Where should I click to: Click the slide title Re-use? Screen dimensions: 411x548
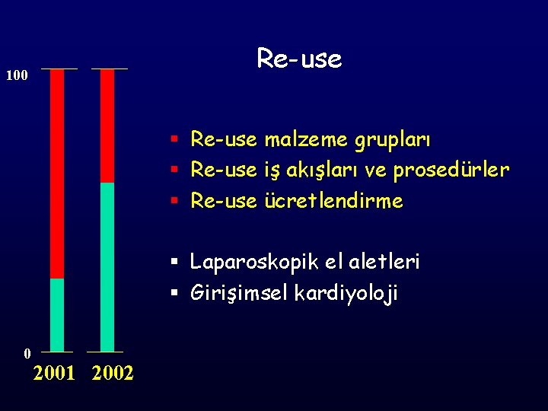299,59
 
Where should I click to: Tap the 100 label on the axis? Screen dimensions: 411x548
17,75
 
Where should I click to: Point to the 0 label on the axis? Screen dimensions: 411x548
27,353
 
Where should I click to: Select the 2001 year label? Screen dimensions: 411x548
54,374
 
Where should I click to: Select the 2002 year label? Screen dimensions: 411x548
112,374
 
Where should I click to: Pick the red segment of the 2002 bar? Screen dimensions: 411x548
107,126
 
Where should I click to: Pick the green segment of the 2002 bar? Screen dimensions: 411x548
107,266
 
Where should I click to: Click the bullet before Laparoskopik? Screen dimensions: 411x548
174,263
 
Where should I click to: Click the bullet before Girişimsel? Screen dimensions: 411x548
174,293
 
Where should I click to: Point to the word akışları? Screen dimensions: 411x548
323,171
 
